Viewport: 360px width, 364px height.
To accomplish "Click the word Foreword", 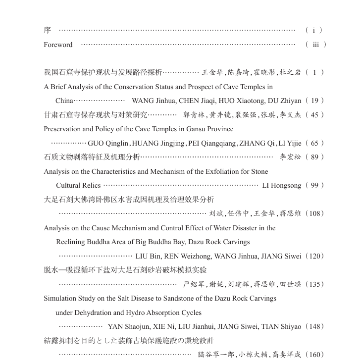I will [x=58, y=45].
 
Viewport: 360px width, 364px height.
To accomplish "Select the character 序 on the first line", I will [x=47, y=30].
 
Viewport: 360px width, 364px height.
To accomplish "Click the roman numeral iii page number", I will [x=315, y=45].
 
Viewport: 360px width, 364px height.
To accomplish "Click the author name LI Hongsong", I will [x=281, y=186].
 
